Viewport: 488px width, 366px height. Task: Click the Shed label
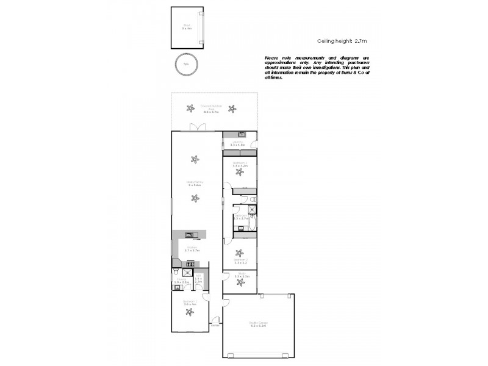[186, 27]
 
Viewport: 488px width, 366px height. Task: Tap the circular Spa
[187, 65]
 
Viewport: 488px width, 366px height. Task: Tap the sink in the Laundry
[241, 134]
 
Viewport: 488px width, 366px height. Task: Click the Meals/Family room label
[195, 183]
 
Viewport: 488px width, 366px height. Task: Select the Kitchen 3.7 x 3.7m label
[193, 249]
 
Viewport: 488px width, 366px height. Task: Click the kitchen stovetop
[190, 264]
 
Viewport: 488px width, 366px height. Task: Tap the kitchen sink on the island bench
[190, 234]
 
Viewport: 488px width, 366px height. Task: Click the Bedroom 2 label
[239, 261]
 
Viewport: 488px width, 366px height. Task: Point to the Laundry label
[239, 143]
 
